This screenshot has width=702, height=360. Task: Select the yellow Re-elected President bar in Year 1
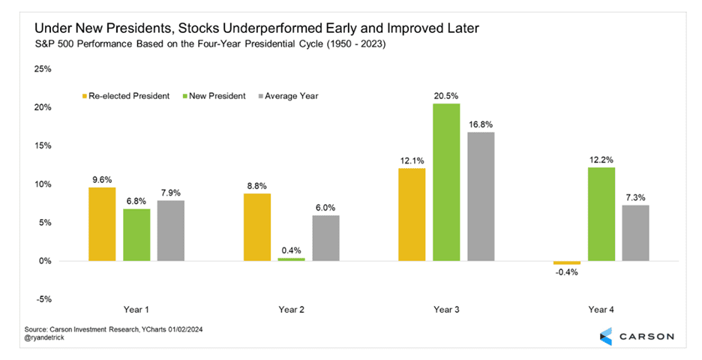(102, 224)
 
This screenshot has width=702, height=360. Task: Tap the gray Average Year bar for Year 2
(326, 238)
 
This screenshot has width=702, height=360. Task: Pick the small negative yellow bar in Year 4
(567, 262)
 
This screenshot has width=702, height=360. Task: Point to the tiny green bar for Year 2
(292, 259)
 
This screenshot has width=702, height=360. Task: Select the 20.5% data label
(447, 95)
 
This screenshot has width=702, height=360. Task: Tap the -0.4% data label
(566, 273)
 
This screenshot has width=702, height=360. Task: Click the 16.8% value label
(481, 124)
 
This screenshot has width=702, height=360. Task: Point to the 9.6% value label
(102, 179)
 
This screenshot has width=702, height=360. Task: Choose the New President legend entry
(214, 96)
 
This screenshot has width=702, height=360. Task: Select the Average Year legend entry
(288, 96)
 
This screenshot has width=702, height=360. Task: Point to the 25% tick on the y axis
(43, 69)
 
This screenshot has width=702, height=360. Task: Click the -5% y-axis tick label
(43, 299)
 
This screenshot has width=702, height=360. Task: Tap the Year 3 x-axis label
(446, 309)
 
